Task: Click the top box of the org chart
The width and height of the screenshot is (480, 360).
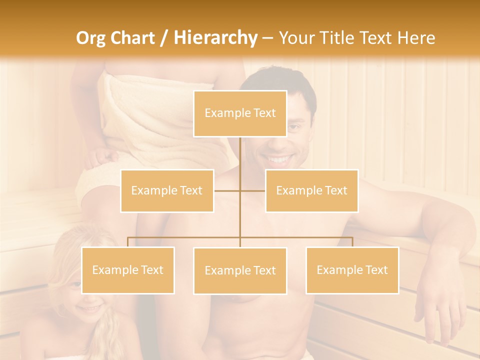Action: pyautogui.click(x=240, y=113)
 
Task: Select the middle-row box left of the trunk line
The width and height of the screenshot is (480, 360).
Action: pyautogui.click(x=167, y=190)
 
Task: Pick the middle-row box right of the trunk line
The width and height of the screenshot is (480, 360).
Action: pyautogui.click(x=311, y=190)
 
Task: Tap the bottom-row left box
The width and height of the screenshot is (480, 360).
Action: pyautogui.click(x=128, y=270)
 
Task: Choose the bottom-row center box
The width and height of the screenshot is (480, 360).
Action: pyautogui.click(x=240, y=270)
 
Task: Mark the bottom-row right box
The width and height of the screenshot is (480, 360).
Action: pyautogui.click(x=352, y=270)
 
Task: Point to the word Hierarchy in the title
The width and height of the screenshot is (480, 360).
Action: pyautogui.click(x=215, y=38)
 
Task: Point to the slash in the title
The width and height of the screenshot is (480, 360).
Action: pyautogui.click(x=164, y=38)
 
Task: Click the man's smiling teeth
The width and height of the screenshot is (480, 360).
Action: pyautogui.click(x=278, y=160)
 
